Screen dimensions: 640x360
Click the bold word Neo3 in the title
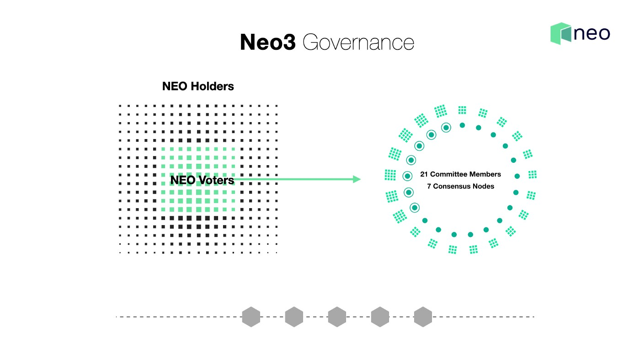tap(268, 42)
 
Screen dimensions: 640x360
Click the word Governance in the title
tap(358, 43)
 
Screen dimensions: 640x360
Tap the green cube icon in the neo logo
tap(560, 33)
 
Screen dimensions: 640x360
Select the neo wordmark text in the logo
tap(592, 34)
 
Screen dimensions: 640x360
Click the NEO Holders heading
tap(198, 86)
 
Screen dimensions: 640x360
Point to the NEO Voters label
tap(202, 180)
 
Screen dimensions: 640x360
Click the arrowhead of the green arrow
tap(357, 179)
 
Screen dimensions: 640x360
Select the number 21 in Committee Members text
tap(424, 174)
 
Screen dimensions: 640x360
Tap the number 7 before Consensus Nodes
tap(429, 186)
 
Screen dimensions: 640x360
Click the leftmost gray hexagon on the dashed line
tap(251, 317)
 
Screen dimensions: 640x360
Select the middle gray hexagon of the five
tap(337, 317)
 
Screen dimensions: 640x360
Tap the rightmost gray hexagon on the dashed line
tap(423, 317)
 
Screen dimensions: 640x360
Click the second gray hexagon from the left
tap(294, 317)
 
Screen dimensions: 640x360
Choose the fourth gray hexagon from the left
tap(380, 317)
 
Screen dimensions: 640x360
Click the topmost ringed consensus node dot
tap(446, 127)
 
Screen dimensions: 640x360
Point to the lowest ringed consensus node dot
tap(415, 208)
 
